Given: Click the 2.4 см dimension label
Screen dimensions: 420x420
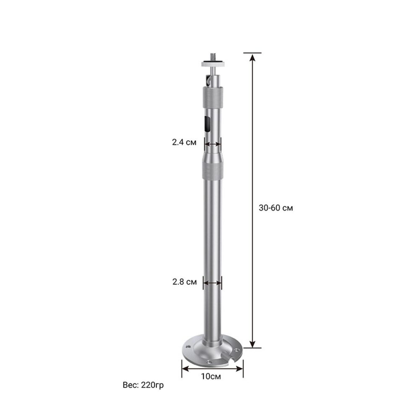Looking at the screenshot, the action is pyautogui.click(x=184, y=142).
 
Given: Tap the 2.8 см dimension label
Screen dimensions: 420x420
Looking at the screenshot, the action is pyautogui.click(x=184, y=282).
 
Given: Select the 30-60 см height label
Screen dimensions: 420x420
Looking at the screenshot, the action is pyautogui.click(x=276, y=208).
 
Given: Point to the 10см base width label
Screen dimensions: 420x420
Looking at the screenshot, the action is pyautogui.click(x=211, y=376).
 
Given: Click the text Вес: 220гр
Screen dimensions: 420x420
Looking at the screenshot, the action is pyautogui.click(x=143, y=385).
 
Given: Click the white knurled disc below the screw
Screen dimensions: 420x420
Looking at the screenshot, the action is pyautogui.click(x=213, y=64).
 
